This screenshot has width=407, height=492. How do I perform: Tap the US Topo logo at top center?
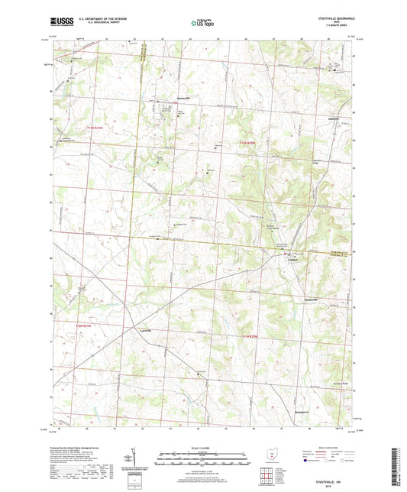pos(202,24)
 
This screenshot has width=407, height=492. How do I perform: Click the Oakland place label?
pos(331,118)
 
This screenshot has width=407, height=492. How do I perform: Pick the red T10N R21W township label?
pos(88,325)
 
